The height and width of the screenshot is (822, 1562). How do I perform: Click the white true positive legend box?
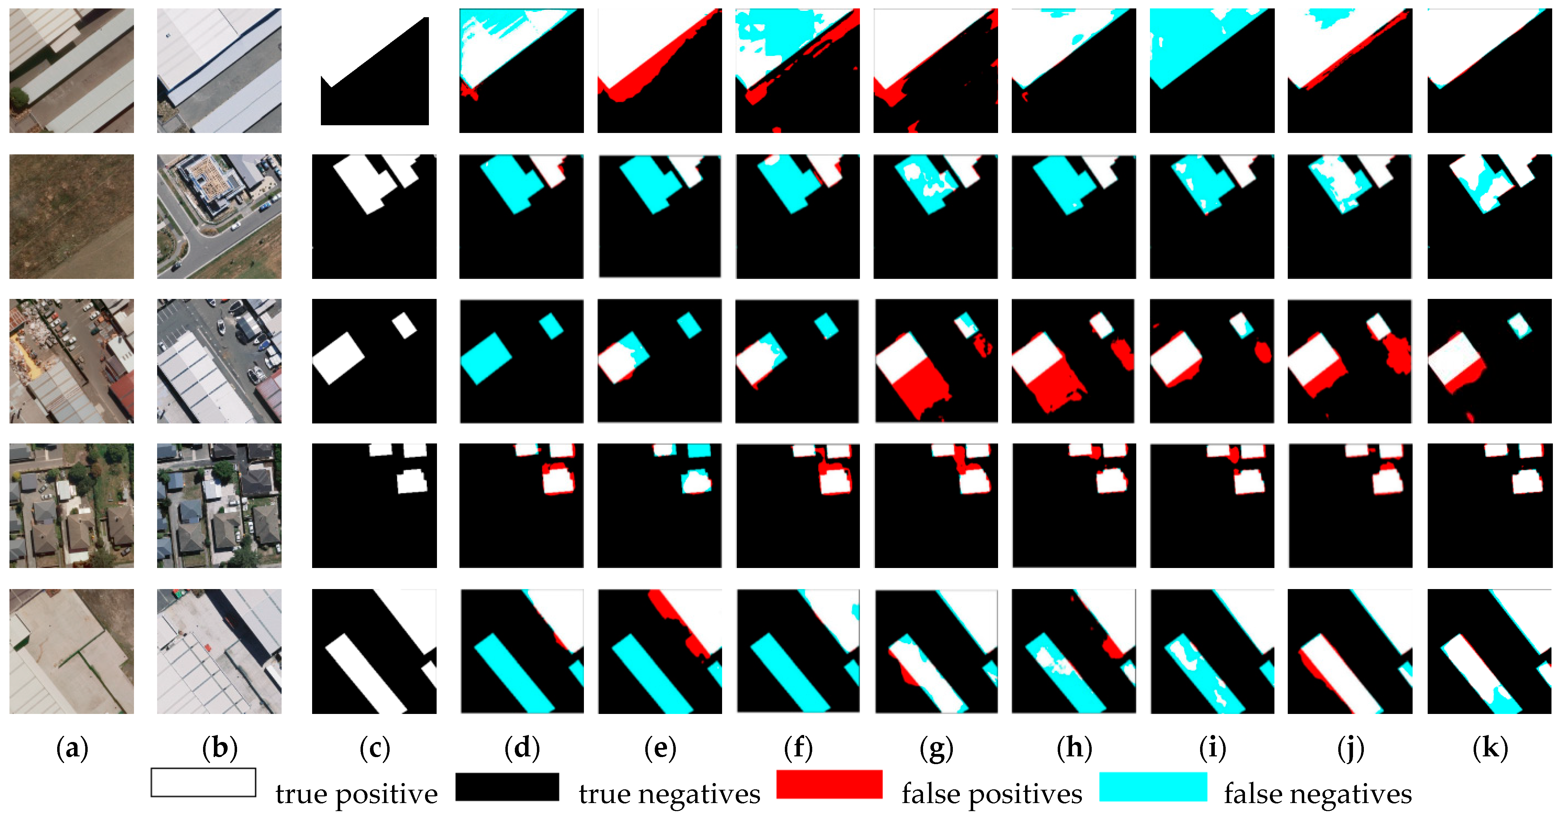pos(203,783)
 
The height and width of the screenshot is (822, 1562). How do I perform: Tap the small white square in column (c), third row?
pos(404,325)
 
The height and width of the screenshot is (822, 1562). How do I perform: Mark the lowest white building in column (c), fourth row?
pos(412,482)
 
